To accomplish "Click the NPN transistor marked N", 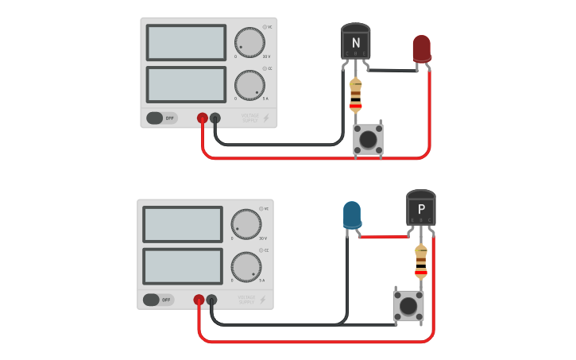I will pyautogui.click(x=356, y=41).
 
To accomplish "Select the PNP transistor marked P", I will pyautogui.click(x=421, y=208).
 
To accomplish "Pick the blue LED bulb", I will pyautogui.click(x=351, y=215).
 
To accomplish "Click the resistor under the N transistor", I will pyautogui.click(x=356, y=95).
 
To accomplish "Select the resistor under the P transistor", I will pyautogui.click(x=421, y=262).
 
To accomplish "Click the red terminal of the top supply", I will pyautogui.click(x=203, y=118).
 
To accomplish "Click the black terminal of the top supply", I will pyautogui.click(x=215, y=118).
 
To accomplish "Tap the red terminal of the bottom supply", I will pyautogui.click(x=199, y=300).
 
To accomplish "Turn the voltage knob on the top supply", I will pyautogui.click(x=249, y=43).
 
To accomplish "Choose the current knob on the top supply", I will pyautogui.click(x=249, y=84).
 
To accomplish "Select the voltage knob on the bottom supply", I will pyautogui.click(x=246, y=224).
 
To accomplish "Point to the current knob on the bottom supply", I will pyautogui.click(x=246, y=266).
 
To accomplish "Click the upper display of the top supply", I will pyautogui.click(x=186, y=42).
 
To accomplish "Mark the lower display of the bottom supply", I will pyautogui.click(x=183, y=266).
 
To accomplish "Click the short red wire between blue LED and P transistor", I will pyautogui.click(x=383, y=236).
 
